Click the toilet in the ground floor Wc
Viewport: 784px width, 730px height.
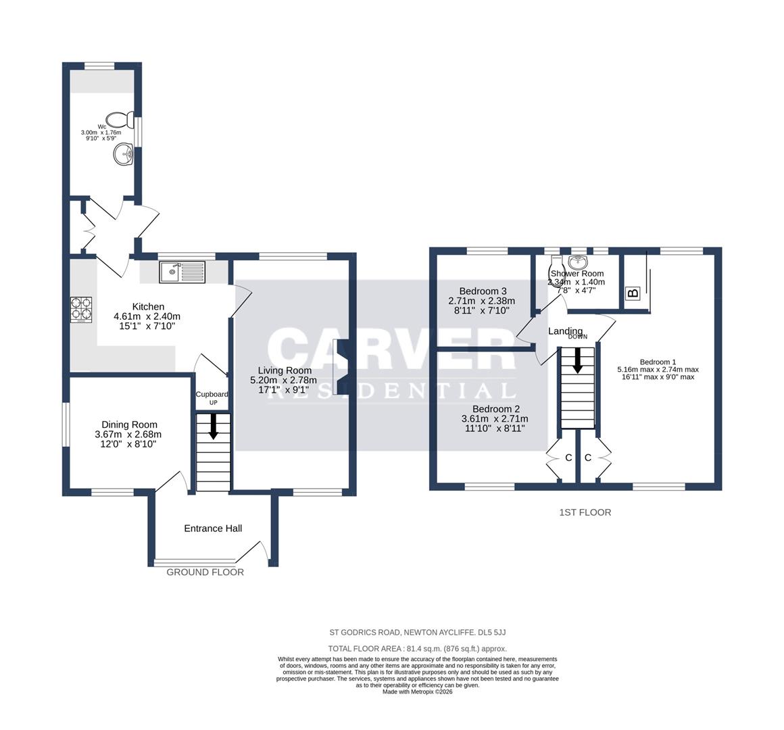(122, 120)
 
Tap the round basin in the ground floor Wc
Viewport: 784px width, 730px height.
(124, 153)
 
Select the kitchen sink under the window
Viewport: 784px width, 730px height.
(182, 272)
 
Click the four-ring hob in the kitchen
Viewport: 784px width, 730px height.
(81, 310)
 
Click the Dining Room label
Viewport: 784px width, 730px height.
(128, 424)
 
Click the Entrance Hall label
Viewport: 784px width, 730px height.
(213, 529)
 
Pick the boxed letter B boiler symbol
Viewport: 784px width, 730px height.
(633, 293)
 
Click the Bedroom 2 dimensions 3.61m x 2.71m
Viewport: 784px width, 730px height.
(495, 418)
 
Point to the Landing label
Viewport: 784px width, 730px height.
(565, 331)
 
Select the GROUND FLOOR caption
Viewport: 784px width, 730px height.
(205, 572)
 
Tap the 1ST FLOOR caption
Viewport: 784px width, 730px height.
(585, 512)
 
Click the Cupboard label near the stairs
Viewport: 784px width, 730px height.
(212, 394)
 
